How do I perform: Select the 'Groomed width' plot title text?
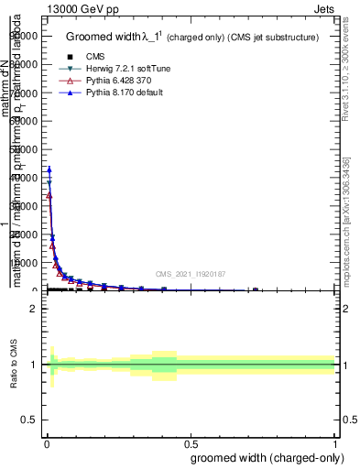coord(114,38)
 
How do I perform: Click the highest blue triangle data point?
coord(49,169)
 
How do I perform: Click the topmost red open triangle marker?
coord(49,195)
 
